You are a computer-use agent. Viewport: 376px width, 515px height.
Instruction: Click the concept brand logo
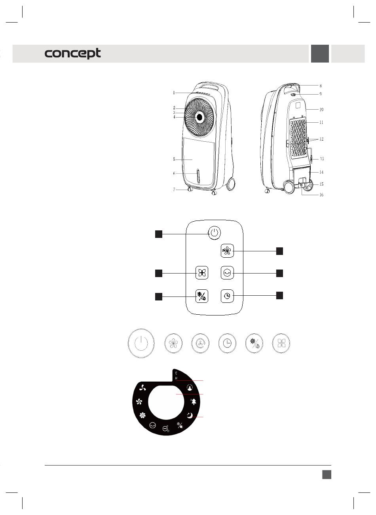[x=73, y=54]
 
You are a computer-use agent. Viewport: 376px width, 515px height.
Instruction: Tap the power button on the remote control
[x=214, y=233]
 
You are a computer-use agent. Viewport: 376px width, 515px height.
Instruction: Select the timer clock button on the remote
[x=227, y=296]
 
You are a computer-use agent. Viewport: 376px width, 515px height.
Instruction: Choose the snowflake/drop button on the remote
[x=202, y=296]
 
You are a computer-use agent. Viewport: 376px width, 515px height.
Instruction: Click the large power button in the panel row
[x=141, y=343]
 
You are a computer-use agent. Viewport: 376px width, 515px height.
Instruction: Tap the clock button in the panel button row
[x=228, y=343]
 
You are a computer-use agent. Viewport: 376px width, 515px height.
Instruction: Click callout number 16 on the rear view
[x=321, y=195]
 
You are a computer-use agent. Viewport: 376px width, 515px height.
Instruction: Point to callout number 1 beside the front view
[x=174, y=93]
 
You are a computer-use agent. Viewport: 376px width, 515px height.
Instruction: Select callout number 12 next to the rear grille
[x=321, y=139]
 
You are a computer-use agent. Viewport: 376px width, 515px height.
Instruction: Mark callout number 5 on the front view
[x=174, y=160]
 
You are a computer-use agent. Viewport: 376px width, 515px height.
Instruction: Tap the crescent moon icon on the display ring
[x=190, y=415]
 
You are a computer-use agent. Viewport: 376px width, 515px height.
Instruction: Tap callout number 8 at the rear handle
[x=321, y=86]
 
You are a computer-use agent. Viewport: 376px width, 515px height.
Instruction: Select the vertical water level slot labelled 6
[x=198, y=175]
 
